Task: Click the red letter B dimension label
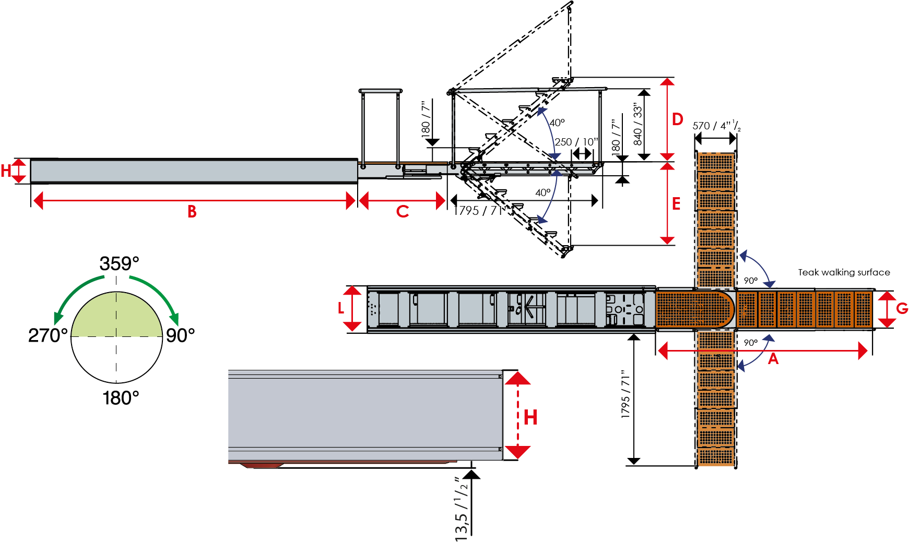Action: tap(192, 212)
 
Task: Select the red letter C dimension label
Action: tap(403, 212)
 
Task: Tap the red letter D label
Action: tap(677, 119)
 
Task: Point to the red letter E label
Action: tap(676, 204)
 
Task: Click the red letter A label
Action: tap(773, 359)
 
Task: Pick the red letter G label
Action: tap(902, 309)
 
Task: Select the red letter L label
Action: tap(341, 308)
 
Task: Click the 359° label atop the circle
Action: tap(120, 264)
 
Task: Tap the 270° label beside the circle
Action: tap(48, 335)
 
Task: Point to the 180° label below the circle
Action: tap(121, 398)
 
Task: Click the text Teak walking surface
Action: tap(844, 272)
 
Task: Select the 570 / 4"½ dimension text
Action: tap(716, 126)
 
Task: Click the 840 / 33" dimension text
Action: tap(638, 124)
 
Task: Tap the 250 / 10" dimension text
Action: tap(576, 142)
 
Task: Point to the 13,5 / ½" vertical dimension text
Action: tap(461, 509)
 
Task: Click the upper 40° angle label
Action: tap(557, 123)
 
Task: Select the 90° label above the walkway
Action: tap(750, 281)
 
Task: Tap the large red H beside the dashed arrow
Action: tap(530, 418)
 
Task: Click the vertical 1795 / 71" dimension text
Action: tap(626, 394)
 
